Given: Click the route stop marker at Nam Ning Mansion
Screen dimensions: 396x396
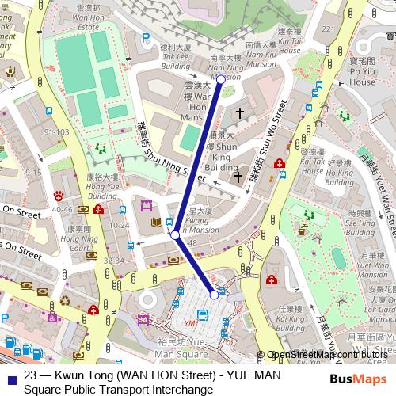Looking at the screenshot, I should point(221,79).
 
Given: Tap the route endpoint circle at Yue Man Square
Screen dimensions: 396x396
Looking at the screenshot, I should point(214,295).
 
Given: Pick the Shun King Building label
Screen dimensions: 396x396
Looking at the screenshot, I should point(220,157).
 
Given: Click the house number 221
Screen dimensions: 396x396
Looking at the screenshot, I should point(327,31).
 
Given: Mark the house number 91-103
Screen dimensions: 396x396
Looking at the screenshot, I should point(57,132).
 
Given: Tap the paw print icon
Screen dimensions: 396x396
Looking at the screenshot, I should point(58,195).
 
